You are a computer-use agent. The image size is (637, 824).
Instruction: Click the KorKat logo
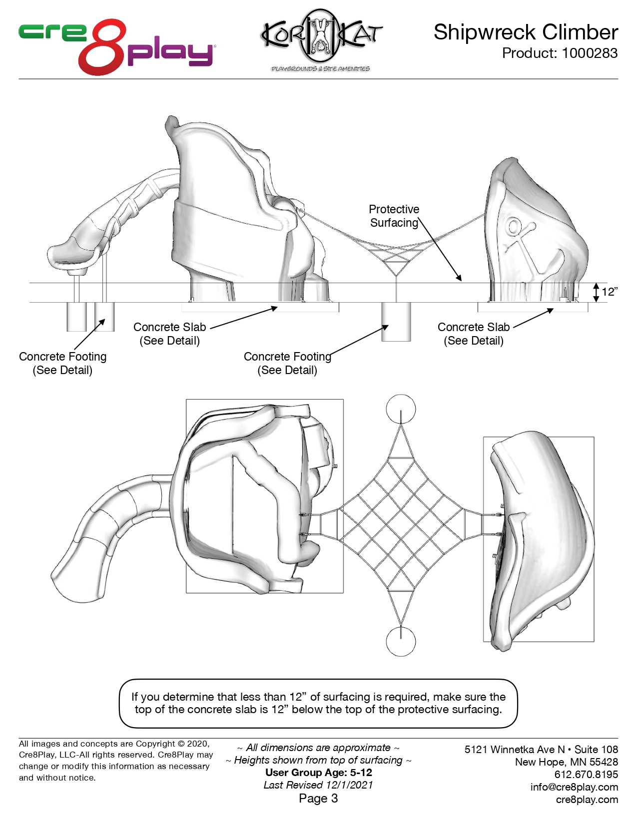click(321, 39)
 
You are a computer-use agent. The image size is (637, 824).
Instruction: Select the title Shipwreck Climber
click(526, 32)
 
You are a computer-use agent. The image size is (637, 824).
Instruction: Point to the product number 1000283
click(590, 53)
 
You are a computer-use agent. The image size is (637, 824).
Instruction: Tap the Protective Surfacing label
click(394, 216)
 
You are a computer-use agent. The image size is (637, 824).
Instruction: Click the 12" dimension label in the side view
click(609, 292)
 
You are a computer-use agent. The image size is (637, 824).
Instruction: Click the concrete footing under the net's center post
click(396, 322)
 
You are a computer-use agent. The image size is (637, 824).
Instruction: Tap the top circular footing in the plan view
click(401, 409)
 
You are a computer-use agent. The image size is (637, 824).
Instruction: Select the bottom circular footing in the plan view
click(401, 641)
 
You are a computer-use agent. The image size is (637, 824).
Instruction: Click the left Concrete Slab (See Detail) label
click(170, 334)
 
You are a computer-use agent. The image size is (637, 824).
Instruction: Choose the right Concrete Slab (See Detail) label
click(474, 334)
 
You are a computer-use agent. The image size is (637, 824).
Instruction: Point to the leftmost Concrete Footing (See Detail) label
click(63, 363)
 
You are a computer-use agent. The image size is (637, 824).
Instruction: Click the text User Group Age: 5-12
click(318, 773)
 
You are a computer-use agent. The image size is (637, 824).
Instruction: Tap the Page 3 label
click(318, 799)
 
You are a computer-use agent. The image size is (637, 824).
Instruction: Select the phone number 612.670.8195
click(586, 775)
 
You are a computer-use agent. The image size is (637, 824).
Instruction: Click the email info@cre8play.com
click(574, 787)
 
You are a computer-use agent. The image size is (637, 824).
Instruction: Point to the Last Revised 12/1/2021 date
click(318, 785)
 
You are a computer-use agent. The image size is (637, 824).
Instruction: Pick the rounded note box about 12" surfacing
click(318, 703)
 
